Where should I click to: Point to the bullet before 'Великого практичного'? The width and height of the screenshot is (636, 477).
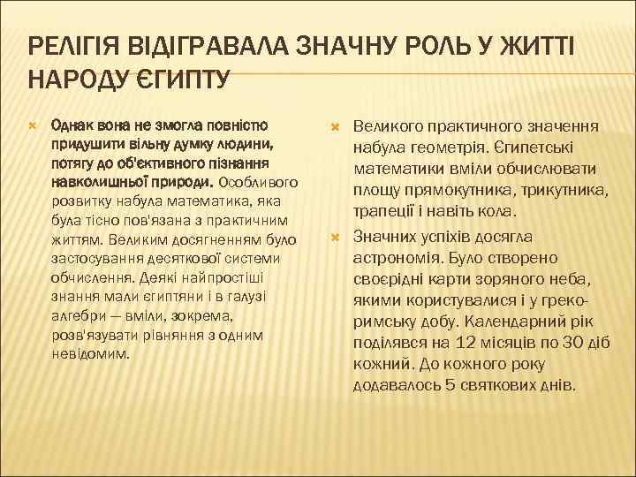click(x=334, y=128)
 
